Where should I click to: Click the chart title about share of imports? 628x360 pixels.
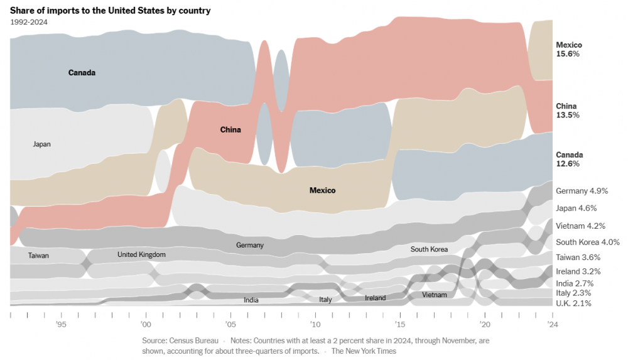tap(111, 11)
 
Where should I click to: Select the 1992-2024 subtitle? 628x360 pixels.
tap(29, 22)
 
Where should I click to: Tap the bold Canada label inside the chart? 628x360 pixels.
tap(82, 73)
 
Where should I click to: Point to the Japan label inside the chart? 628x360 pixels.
tap(41, 144)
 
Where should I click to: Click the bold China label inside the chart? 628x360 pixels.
tap(230, 130)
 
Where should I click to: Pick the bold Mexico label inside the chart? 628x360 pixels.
tap(322, 190)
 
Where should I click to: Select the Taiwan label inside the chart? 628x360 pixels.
tap(38, 256)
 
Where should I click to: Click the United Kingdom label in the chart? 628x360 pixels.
tap(141, 254)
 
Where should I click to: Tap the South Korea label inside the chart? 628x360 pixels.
tap(429, 249)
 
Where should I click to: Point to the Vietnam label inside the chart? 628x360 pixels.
tap(435, 295)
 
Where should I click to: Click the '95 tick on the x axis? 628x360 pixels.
tap(61, 324)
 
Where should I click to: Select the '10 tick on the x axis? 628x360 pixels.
tap(315, 324)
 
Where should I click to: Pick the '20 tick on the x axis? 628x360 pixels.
tap(485, 324)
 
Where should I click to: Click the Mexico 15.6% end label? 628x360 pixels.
tap(569, 50)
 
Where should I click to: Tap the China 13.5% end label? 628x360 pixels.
tap(568, 111)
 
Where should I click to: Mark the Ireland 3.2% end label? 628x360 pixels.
tap(578, 271)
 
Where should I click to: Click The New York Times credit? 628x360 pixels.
tap(364, 351)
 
